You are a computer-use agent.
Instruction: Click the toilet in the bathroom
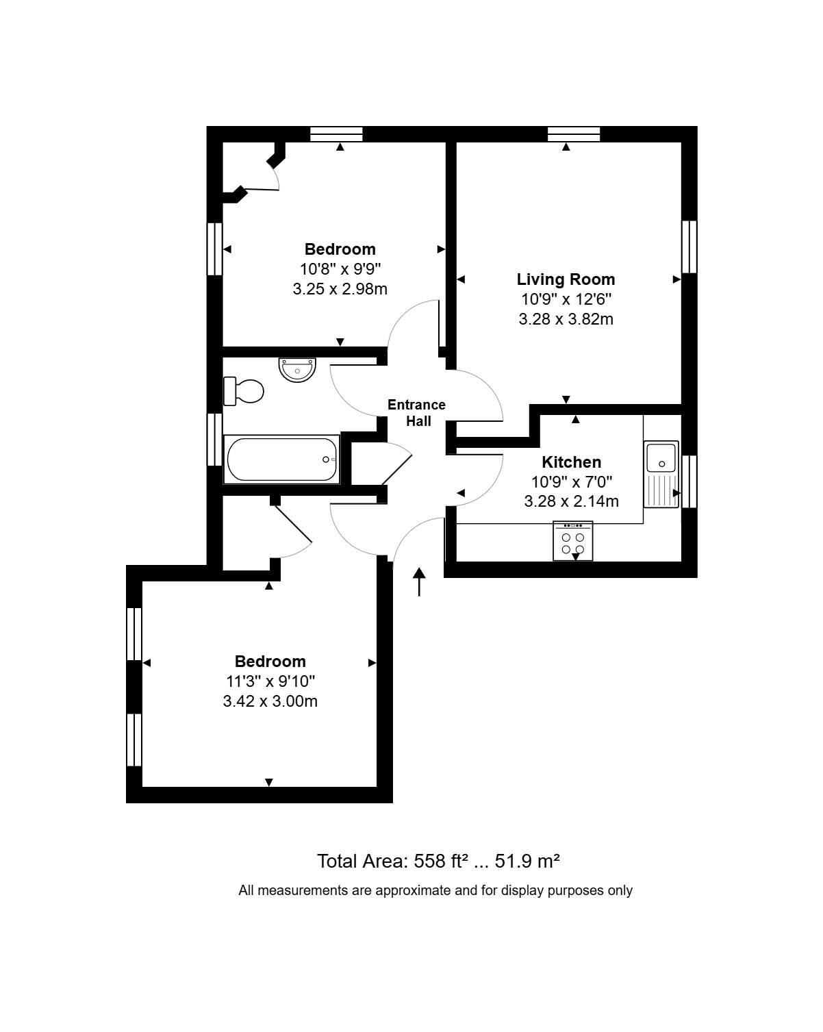pyautogui.click(x=243, y=391)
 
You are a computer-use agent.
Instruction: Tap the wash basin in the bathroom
pyautogui.click(x=297, y=370)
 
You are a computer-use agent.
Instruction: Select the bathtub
pyautogui.click(x=281, y=459)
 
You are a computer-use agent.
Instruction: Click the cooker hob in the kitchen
pyautogui.click(x=572, y=540)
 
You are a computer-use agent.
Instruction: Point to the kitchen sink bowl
pyautogui.click(x=661, y=457)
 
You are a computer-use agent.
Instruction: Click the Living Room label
pyautogui.click(x=566, y=279)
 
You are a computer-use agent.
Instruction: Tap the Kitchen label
pyautogui.click(x=571, y=462)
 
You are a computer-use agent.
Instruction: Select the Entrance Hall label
pyautogui.click(x=416, y=412)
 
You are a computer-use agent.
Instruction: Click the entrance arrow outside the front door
pyautogui.click(x=419, y=581)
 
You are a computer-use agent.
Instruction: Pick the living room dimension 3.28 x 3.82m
pyautogui.click(x=566, y=319)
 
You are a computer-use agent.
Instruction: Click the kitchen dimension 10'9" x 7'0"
pyautogui.click(x=571, y=481)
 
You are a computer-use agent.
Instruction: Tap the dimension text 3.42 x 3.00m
pyautogui.click(x=270, y=701)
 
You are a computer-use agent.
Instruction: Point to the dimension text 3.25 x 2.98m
pyautogui.click(x=340, y=289)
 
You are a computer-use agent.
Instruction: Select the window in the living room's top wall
pyautogui.click(x=574, y=134)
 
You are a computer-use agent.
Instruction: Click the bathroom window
pyautogui.click(x=214, y=439)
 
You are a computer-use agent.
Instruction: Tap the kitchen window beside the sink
pyautogui.click(x=689, y=481)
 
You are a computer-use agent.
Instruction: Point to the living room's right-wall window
pyautogui.click(x=689, y=247)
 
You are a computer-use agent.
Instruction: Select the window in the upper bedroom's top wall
pyautogui.click(x=336, y=134)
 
